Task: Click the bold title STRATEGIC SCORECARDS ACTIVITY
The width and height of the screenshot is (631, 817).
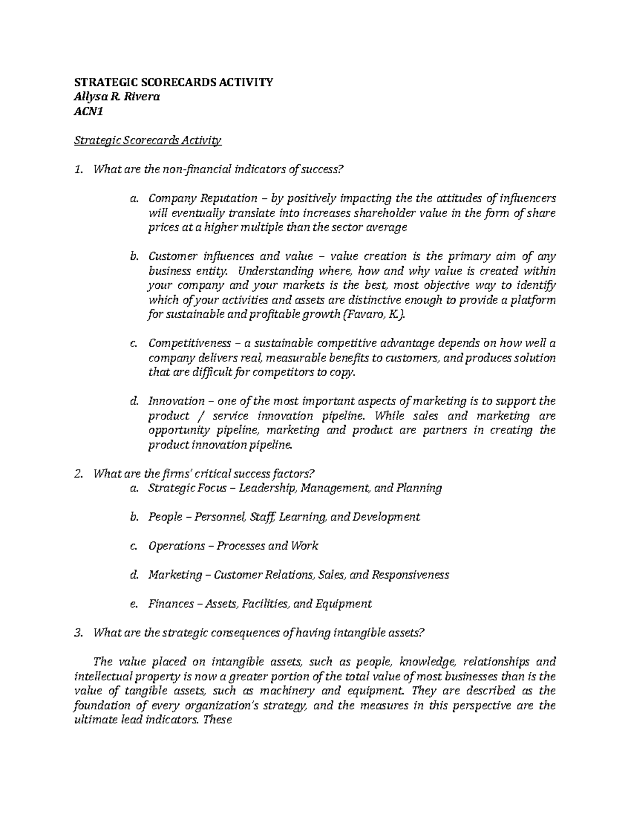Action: click(174, 82)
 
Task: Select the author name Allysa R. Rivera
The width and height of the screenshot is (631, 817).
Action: click(117, 96)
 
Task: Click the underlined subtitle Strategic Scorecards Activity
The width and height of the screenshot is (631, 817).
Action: click(148, 140)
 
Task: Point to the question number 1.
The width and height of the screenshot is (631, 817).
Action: click(79, 169)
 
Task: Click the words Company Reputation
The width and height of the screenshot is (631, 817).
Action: click(202, 198)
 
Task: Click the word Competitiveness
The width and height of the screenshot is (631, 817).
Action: click(190, 344)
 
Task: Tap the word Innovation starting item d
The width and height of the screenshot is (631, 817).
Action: click(176, 401)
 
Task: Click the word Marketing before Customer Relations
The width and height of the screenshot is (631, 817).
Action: click(175, 575)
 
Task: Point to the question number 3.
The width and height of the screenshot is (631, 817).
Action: click(79, 633)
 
